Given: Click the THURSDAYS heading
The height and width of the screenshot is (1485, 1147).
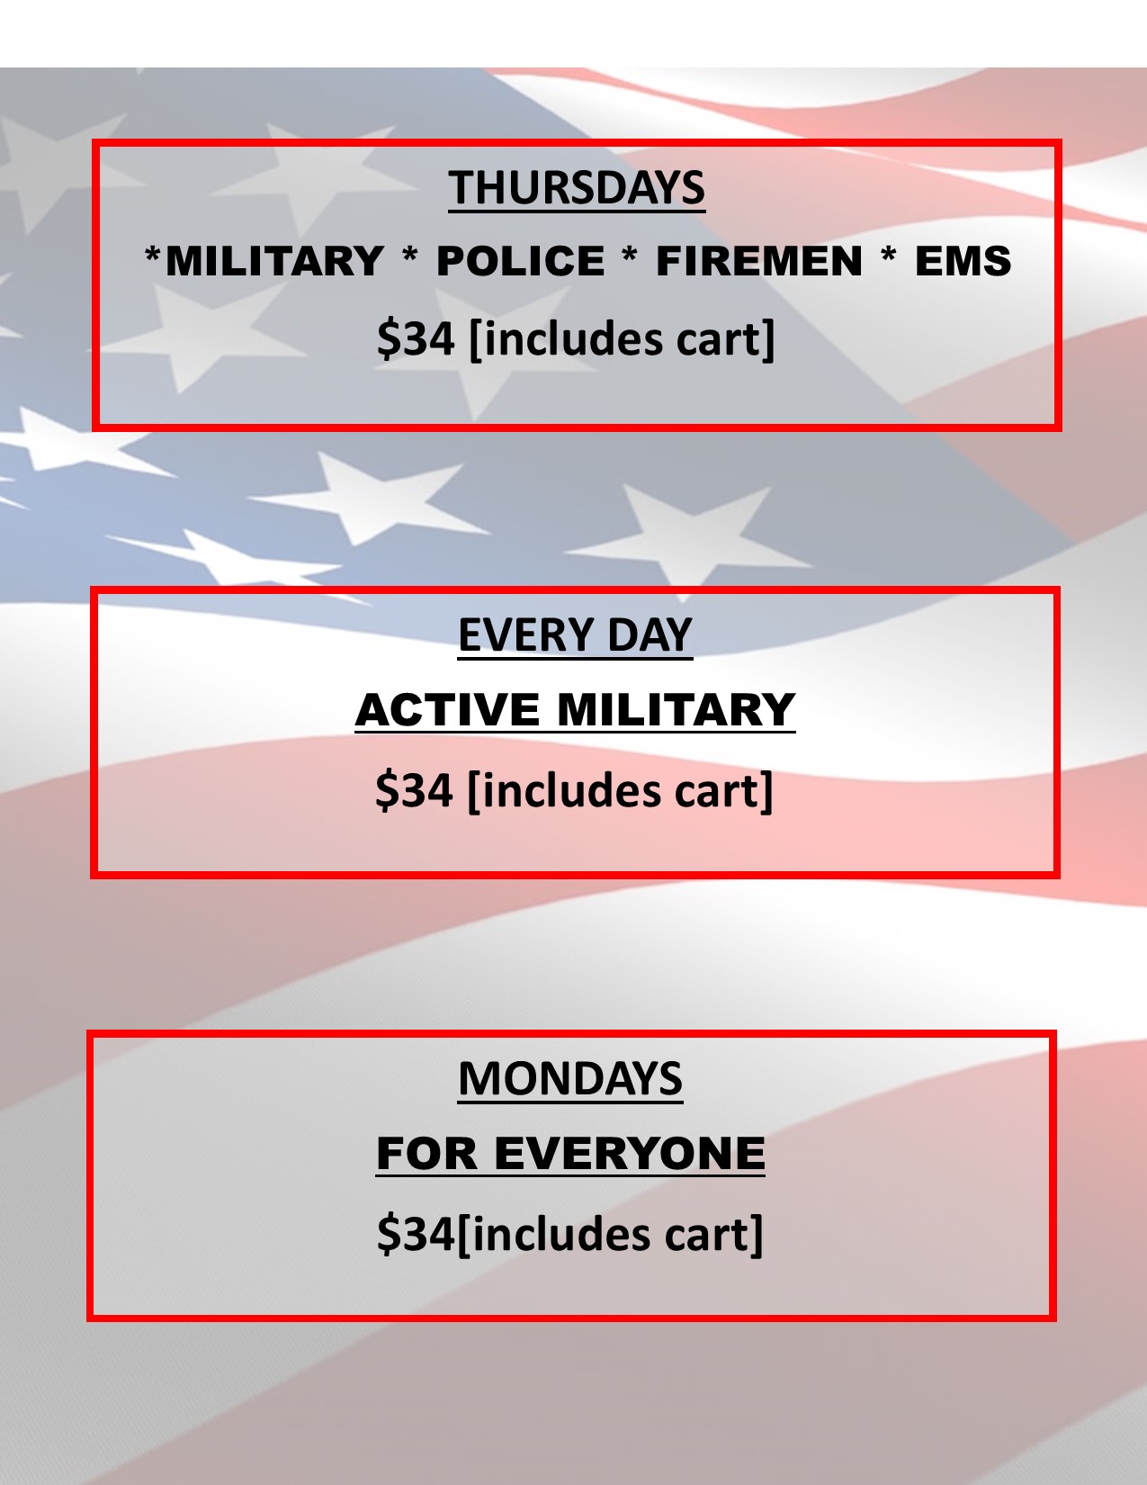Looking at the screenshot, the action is tap(577, 187).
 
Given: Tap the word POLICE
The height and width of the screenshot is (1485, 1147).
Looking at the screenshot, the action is tap(521, 261).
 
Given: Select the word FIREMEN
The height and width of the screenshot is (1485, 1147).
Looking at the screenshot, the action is tap(759, 261).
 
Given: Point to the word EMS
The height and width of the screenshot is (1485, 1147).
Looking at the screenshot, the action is tap(963, 261).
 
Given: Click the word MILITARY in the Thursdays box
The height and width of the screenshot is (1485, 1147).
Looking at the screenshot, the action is tap(274, 261).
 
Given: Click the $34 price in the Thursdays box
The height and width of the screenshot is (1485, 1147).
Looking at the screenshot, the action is tap(416, 338).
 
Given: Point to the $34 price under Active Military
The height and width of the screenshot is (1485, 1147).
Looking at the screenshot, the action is tap(414, 790).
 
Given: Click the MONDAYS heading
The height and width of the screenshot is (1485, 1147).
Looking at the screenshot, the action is tap(570, 1079).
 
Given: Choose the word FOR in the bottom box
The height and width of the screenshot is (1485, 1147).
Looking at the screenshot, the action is tap(426, 1154).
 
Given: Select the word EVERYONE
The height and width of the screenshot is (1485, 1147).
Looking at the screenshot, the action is tap(629, 1154).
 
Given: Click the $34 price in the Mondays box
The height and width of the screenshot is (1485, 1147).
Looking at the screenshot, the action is tap(416, 1234).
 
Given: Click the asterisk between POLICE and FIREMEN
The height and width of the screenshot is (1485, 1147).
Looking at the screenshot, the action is tap(630, 257).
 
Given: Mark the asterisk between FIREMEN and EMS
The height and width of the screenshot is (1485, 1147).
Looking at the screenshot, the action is tap(888, 257).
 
